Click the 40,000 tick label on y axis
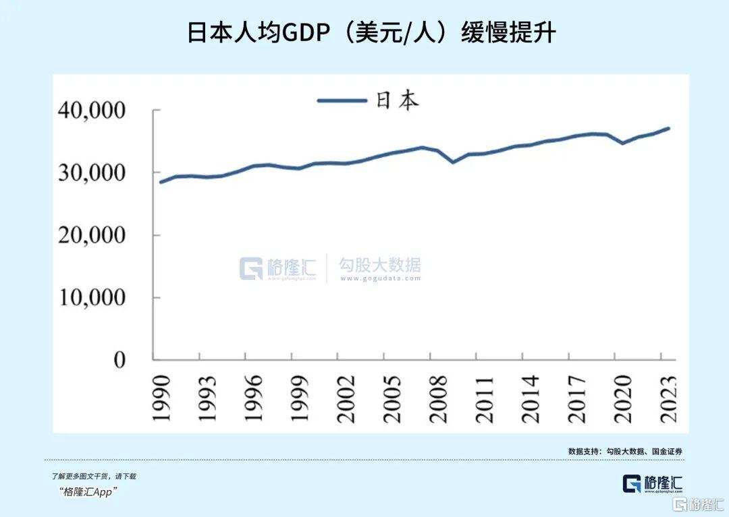[92, 110]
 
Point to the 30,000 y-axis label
[92, 173]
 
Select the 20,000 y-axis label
[92, 235]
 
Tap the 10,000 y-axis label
[92, 297]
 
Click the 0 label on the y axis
[119, 360]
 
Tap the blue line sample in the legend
[342, 101]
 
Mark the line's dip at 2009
[454, 162]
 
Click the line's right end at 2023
[668, 128]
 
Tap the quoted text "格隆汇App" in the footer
[88, 491]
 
